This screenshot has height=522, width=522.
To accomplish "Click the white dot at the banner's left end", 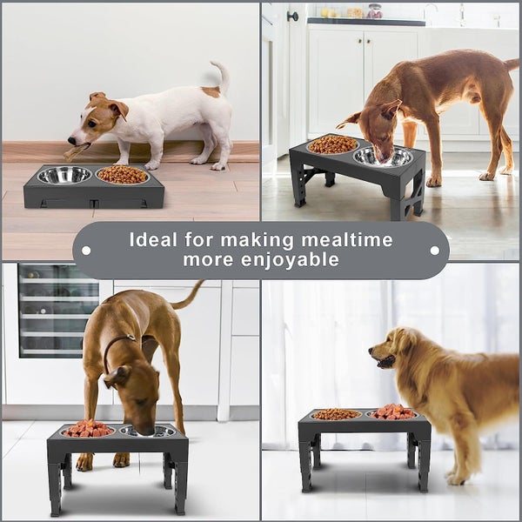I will pos(85,250).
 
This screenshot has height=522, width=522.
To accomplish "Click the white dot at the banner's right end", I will pos(435,250).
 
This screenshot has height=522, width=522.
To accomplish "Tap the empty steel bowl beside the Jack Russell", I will pos(64,175).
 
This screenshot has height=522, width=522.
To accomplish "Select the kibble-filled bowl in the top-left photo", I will pos(123,175).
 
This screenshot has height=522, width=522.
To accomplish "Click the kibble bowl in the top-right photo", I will pos(332,144).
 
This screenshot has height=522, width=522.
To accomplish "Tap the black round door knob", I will pos(293,16).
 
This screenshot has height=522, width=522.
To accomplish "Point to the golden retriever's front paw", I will pos(454,478).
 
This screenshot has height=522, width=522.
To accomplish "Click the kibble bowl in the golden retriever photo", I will pos(336,414).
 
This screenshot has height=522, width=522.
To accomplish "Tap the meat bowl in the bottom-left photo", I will pos(87,429).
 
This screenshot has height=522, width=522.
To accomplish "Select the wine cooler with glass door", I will pos(57,310).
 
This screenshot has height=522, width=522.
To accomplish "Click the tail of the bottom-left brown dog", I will pos(187,296).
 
